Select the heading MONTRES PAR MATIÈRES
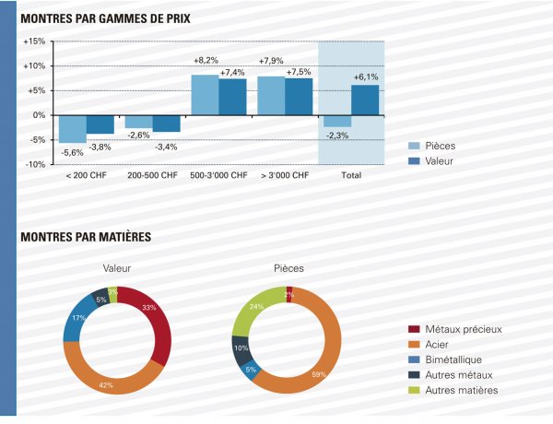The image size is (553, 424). click(86, 237)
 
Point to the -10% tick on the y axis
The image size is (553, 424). click(33, 164)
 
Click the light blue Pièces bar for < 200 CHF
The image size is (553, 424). click(73, 128)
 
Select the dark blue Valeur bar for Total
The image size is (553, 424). click(365, 100)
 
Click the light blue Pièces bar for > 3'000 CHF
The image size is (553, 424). click(271, 96)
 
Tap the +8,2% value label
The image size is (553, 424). click(206, 61)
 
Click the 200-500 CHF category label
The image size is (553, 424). click(153, 175)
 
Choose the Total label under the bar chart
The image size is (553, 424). click(351, 175)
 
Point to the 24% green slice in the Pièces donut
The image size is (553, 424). click(253, 312)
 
